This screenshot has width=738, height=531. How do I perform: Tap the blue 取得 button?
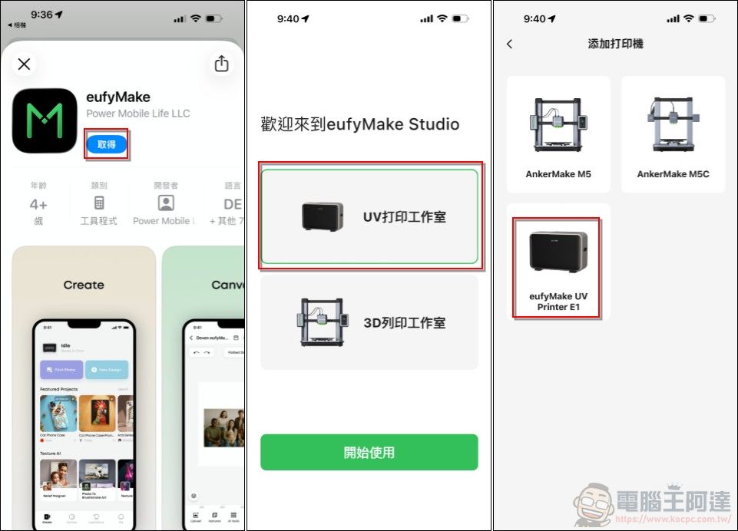coord(106,144)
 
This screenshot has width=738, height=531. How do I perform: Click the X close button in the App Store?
coord(24,64)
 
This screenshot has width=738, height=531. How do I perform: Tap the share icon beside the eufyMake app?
coord(222,64)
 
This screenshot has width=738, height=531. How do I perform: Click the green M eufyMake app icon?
coord(45,120)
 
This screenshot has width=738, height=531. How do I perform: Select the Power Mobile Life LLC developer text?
coord(137,114)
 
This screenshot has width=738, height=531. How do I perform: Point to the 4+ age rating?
coord(38,204)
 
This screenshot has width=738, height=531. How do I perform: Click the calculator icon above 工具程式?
coord(99,203)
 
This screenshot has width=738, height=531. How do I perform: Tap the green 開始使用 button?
coord(369,452)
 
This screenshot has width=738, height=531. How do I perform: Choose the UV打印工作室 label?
coord(404,217)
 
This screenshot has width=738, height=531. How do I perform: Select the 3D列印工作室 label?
coord(404,323)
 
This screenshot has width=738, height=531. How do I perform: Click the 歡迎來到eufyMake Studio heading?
coord(359,124)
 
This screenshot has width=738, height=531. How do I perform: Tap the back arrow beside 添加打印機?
coord(510,45)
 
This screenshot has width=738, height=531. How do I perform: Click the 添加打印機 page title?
coord(615,45)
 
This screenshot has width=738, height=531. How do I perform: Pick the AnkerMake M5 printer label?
coord(558,174)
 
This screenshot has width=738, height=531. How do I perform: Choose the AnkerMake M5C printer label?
coord(673,174)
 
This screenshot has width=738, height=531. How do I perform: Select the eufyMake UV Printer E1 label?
coord(558,302)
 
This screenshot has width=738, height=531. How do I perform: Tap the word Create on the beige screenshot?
coord(84,285)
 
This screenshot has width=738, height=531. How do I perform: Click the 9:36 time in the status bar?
coord(41,15)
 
